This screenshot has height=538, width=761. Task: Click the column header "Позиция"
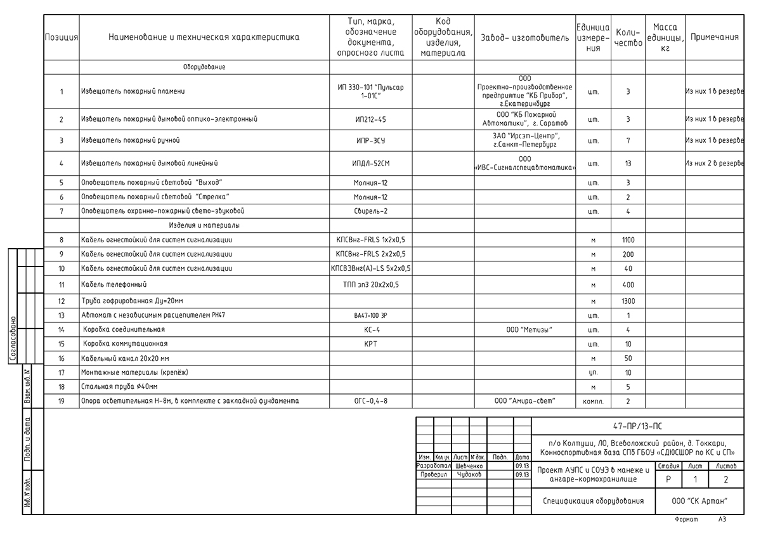tap(62, 37)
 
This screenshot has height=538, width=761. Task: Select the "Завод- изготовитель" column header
tap(525, 37)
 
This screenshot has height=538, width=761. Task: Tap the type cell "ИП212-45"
tap(370, 119)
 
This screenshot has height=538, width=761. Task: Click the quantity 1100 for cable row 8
tap(628, 240)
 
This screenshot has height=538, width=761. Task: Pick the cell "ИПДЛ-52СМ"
tap(370, 164)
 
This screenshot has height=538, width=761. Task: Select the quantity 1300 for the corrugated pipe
tap(628, 301)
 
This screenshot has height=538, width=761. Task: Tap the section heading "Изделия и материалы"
tap(204, 225)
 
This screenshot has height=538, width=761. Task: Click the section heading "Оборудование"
tap(204, 67)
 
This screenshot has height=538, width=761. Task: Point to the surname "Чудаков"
tap(469, 475)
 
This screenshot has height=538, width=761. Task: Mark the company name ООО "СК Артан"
tap(699, 501)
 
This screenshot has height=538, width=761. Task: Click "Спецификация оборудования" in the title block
tap(593, 501)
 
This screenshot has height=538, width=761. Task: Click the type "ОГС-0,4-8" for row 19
tap(370, 401)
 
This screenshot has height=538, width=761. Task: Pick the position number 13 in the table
tap(62, 315)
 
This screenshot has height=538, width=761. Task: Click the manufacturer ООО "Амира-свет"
tap(524, 401)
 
